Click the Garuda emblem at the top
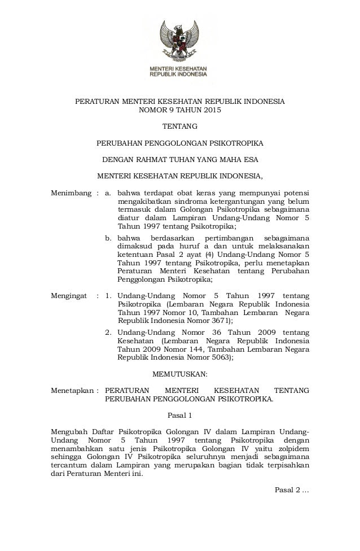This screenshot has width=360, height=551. click(x=180, y=40)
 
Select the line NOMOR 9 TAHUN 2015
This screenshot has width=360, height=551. click(x=180, y=111)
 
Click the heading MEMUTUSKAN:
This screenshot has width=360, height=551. click(x=180, y=373)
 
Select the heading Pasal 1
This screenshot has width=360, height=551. click(x=181, y=416)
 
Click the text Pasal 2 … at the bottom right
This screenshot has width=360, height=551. click(x=291, y=488)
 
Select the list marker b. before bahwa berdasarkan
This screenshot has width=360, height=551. click(x=110, y=238)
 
